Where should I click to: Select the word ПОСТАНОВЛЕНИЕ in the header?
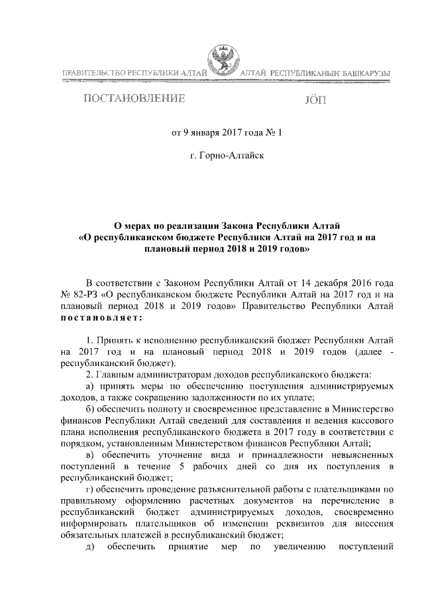click(x=132, y=99)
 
